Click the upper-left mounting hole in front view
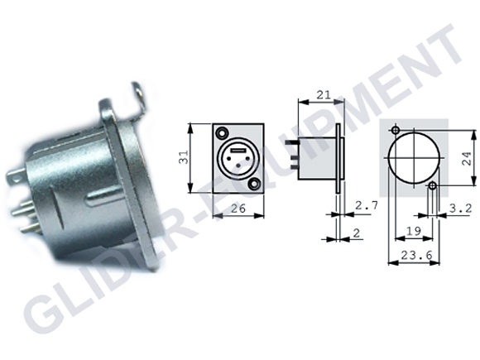click(x=222, y=132)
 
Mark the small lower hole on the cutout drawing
click(x=432, y=186)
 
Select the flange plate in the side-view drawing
click(x=338, y=157)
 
